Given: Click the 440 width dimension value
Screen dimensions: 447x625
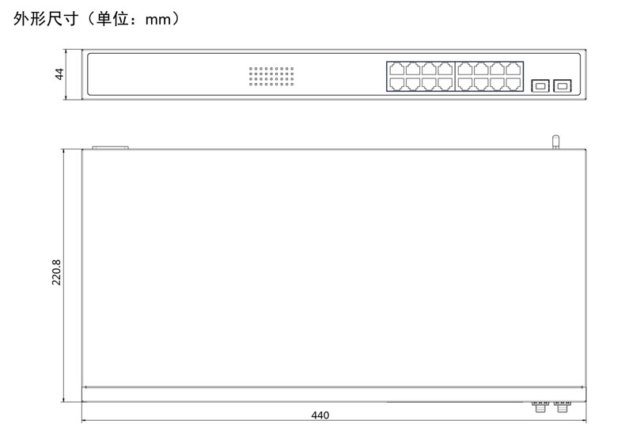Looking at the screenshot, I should (320, 415).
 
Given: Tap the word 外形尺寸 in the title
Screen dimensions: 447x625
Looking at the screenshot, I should (46, 20).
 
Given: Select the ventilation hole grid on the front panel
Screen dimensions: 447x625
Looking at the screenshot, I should (271, 75).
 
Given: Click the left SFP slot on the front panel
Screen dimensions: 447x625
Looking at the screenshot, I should (540, 83).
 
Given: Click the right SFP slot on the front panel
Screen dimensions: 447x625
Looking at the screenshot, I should (563, 83).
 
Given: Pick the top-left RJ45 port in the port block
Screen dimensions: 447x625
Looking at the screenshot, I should (396, 68).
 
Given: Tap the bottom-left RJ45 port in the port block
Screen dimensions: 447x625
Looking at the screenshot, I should (396, 83).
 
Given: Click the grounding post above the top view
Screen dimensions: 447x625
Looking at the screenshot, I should (555, 142).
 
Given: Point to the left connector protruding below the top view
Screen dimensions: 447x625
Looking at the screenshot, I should (540, 407).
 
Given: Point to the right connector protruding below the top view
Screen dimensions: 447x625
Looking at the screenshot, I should (562, 407).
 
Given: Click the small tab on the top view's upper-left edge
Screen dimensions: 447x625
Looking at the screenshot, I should (110, 147).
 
